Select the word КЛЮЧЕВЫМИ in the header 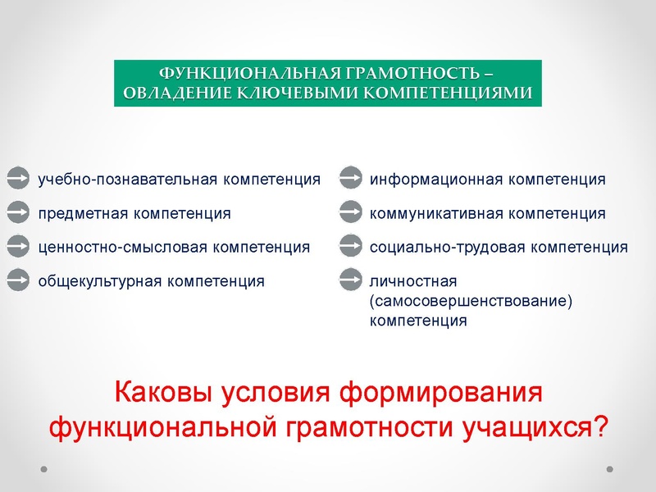click(296, 92)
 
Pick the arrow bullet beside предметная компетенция click(17, 213)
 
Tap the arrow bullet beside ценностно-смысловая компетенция click(17, 246)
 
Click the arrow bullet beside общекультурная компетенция click(17, 280)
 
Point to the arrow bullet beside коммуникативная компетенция click(351, 213)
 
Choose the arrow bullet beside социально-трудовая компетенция click(351, 246)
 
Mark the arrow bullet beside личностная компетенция click(351, 280)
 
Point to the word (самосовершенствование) click(470, 301)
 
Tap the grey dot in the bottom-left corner click(45, 469)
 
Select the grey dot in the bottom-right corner click(609, 469)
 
